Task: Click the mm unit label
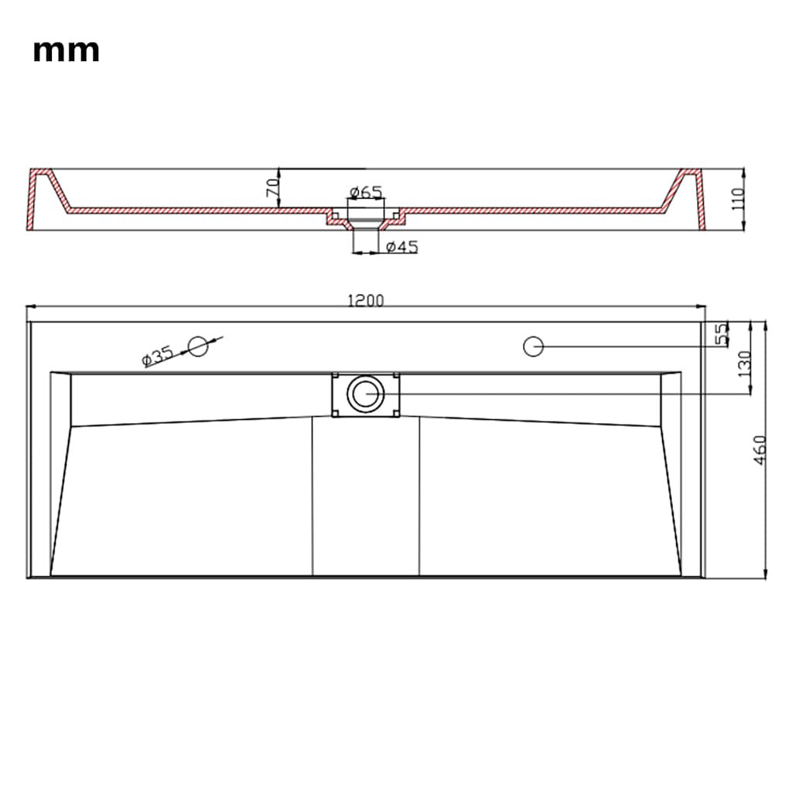pyautogui.click(x=67, y=52)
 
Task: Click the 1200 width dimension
pyautogui.click(x=366, y=301)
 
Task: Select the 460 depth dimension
pyautogui.click(x=760, y=450)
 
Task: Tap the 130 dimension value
pyautogui.click(x=745, y=364)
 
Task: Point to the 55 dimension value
pyautogui.click(x=722, y=333)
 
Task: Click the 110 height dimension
pyautogui.click(x=737, y=199)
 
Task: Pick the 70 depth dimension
pyautogui.click(x=273, y=187)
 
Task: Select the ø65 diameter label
pyautogui.click(x=366, y=192)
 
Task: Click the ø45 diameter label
pyautogui.click(x=402, y=247)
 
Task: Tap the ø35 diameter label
pyautogui.click(x=158, y=356)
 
